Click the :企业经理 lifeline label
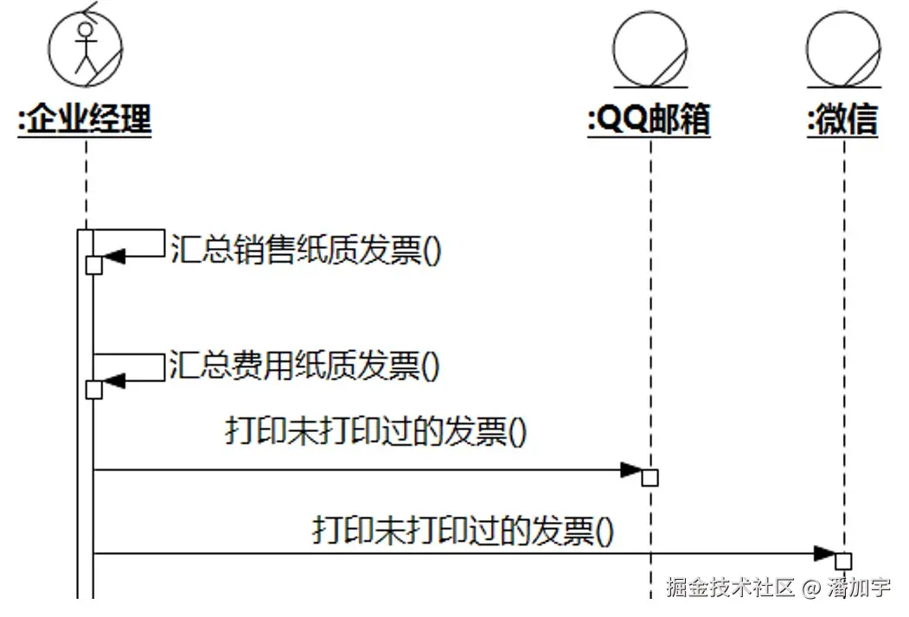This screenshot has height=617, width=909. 85,120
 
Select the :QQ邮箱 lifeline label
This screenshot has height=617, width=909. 649,120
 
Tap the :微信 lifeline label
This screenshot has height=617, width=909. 842,120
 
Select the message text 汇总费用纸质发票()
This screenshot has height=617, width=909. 306,366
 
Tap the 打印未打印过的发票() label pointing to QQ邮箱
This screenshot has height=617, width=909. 375,431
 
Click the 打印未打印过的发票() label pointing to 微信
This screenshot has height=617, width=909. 463,529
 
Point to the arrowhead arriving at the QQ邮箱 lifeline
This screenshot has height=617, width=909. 632,471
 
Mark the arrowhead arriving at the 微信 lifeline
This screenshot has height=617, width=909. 826,553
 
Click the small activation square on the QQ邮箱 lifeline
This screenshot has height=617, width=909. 650,478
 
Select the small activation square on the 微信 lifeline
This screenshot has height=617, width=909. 843,561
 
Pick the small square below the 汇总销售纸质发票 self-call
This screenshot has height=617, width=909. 94,265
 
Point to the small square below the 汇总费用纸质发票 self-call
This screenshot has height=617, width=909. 94,391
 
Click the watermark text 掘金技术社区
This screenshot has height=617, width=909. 730,588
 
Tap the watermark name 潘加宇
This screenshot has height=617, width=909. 859,588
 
